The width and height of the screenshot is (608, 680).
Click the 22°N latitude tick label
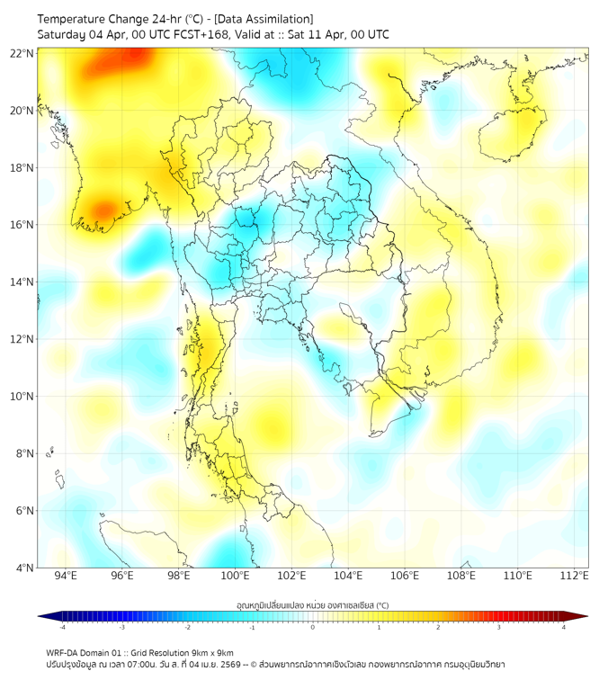point(22,53)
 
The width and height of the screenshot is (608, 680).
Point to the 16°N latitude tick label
point(22,225)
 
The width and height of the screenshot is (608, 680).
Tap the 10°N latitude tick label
point(22,397)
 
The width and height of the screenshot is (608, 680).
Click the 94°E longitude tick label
point(66,576)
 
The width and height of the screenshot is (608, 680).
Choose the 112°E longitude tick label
point(574,576)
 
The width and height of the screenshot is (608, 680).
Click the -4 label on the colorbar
point(61,627)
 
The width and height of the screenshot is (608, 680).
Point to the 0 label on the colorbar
point(313,627)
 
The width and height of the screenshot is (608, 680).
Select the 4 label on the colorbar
point(563,627)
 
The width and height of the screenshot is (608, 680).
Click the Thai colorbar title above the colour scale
point(312,605)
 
